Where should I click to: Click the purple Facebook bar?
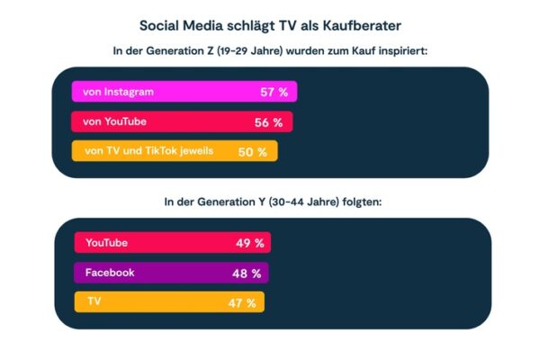(171, 273)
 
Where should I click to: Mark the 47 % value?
(242, 303)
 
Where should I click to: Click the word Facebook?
(110, 273)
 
